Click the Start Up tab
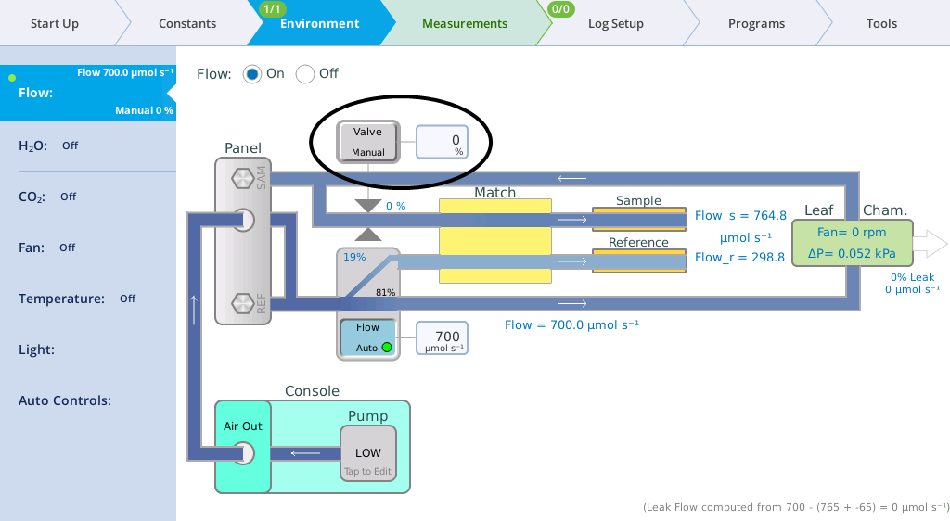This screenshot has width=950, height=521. coord(55,23)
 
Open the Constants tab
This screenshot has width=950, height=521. coord(187,23)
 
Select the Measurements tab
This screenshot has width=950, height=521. coord(465,23)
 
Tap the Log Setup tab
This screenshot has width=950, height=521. coord(616,23)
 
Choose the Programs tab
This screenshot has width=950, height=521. coord(756,23)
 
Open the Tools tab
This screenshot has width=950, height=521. coord(881,23)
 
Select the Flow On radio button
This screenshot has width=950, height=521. coord(252,74)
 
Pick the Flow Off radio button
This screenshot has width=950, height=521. coord(304,74)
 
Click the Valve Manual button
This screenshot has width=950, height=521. coord(367,142)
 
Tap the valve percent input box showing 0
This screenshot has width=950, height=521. coord(442,142)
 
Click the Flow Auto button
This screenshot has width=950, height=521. coord(367,337)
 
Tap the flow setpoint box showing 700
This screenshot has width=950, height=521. coord(442,337)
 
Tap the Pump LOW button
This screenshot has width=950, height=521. coord(367,454)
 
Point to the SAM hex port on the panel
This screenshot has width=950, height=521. coord(243,179)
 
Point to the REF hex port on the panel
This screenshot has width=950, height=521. coord(243,303)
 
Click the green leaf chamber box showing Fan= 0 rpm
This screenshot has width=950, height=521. coord(852,243)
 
